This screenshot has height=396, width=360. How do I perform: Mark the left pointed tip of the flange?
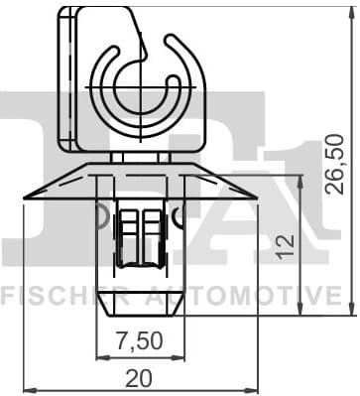[x=25, y=197]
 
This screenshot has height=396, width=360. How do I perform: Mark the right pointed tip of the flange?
[x=255, y=197]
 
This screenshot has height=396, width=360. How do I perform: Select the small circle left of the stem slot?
[x=102, y=212]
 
